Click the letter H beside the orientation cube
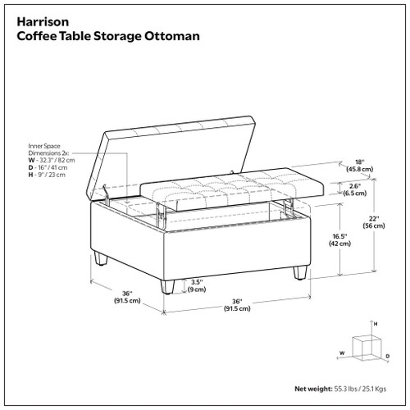tap(376, 326)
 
